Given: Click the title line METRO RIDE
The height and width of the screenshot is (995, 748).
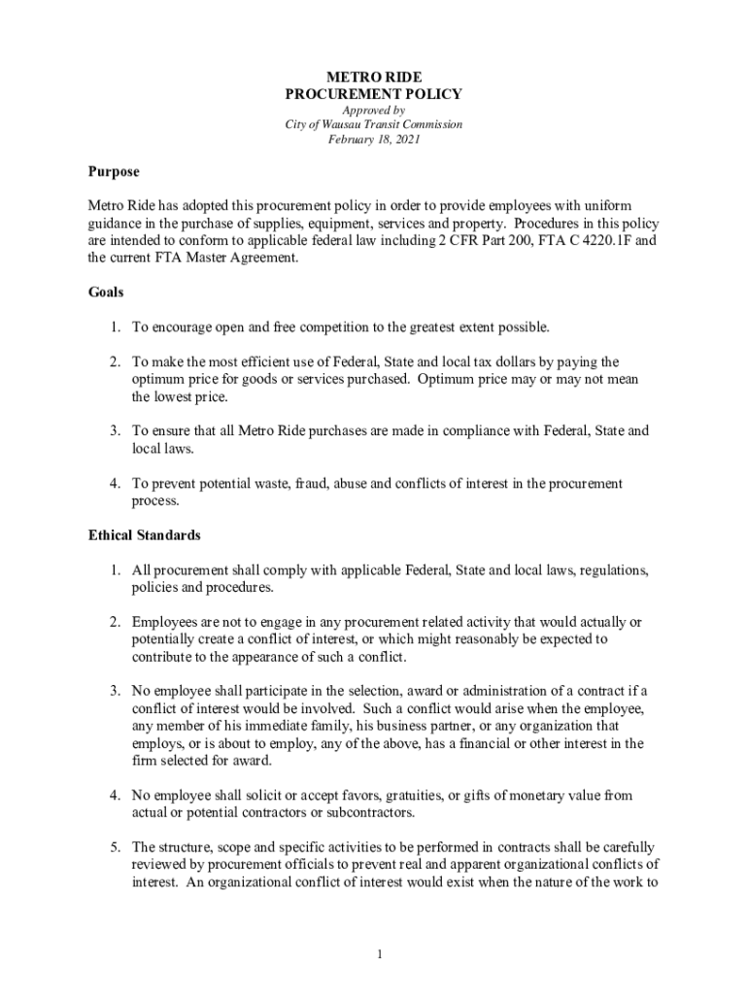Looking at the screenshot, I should (373, 76).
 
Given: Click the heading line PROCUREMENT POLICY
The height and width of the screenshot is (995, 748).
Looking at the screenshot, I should (373, 94).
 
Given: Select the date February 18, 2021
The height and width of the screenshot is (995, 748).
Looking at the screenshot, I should (373, 140).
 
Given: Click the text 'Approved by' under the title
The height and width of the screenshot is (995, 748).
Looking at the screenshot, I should (373, 111).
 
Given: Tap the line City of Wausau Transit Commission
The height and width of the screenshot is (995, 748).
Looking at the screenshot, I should (373, 125).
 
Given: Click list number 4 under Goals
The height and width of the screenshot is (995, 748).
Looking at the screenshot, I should (114, 483).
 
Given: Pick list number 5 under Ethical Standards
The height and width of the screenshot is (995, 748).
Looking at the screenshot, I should (114, 846).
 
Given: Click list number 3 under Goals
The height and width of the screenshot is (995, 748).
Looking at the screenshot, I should (114, 430).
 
